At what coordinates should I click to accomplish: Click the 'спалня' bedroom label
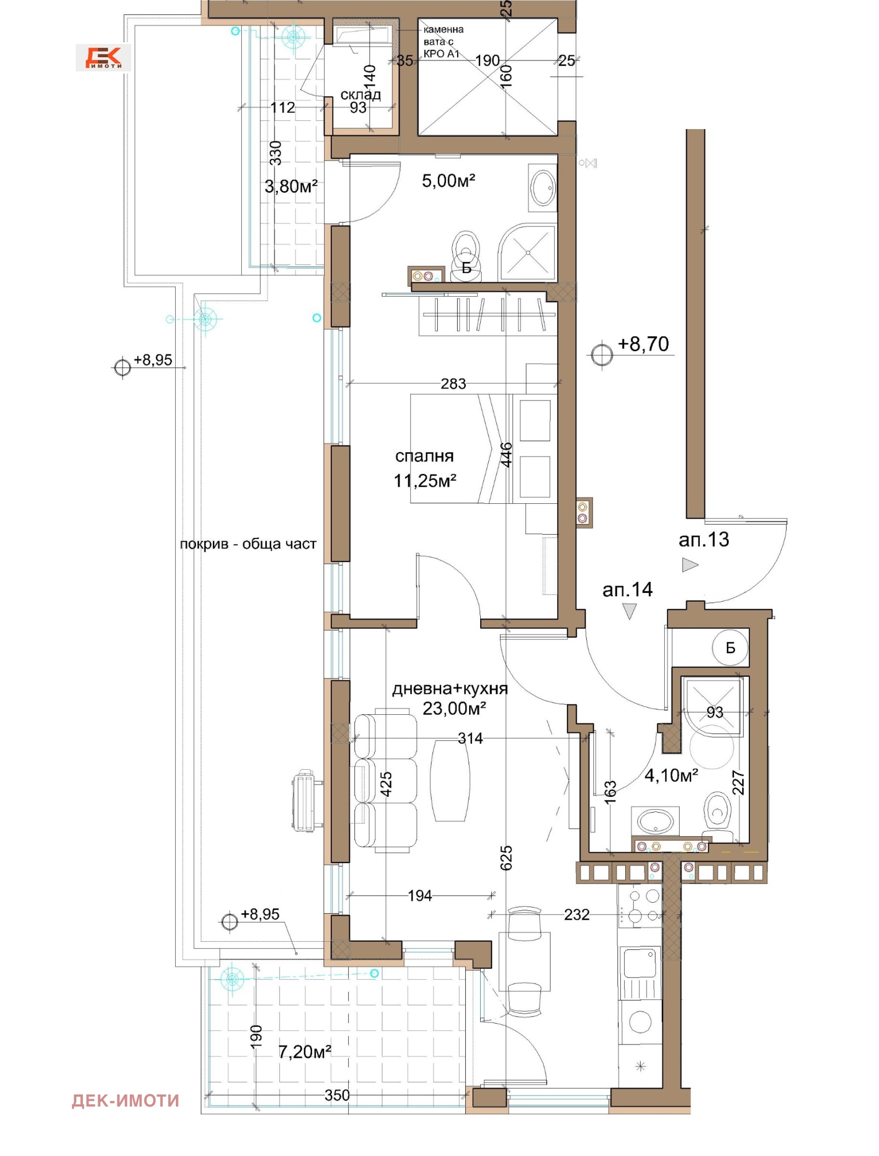click(x=424, y=456)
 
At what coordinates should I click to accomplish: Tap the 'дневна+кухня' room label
click(x=449, y=689)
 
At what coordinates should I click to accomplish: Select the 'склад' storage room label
click(x=360, y=95)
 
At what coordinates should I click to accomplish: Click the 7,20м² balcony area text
click(x=304, y=1052)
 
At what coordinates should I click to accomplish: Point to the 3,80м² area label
click(x=291, y=187)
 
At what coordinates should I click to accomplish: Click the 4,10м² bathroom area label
click(x=671, y=775)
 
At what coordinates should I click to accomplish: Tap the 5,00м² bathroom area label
click(x=448, y=181)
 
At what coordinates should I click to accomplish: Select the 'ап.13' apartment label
click(x=703, y=540)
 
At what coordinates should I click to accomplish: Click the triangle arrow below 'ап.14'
click(x=630, y=610)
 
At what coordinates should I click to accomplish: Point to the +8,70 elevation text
click(x=643, y=344)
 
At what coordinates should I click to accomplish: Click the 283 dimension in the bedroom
click(x=453, y=384)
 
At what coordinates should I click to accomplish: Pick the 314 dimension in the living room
click(x=470, y=738)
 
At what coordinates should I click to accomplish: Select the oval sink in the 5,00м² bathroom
click(x=543, y=188)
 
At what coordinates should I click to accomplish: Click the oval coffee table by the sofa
click(x=450, y=780)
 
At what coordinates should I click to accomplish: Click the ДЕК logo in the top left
click(x=103, y=57)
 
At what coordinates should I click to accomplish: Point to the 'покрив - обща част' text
click(x=248, y=544)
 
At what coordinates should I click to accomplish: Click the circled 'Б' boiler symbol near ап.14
click(x=730, y=648)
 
